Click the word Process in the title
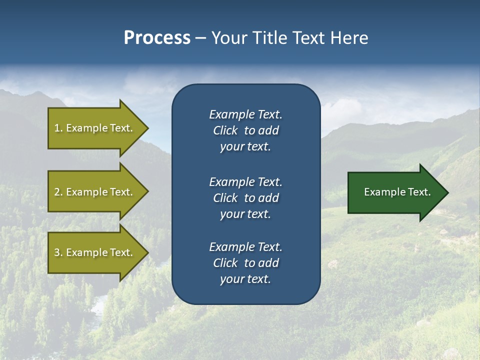click(157, 38)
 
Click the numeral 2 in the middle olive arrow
click(57, 192)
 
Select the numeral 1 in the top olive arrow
click(57, 128)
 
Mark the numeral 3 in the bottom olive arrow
click(57, 252)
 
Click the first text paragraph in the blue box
click(245, 130)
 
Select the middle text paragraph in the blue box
click(245, 198)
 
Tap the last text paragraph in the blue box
click(245, 263)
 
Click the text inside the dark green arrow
click(397, 192)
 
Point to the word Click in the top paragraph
click(225, 130)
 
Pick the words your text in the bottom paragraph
click(245, 279)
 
